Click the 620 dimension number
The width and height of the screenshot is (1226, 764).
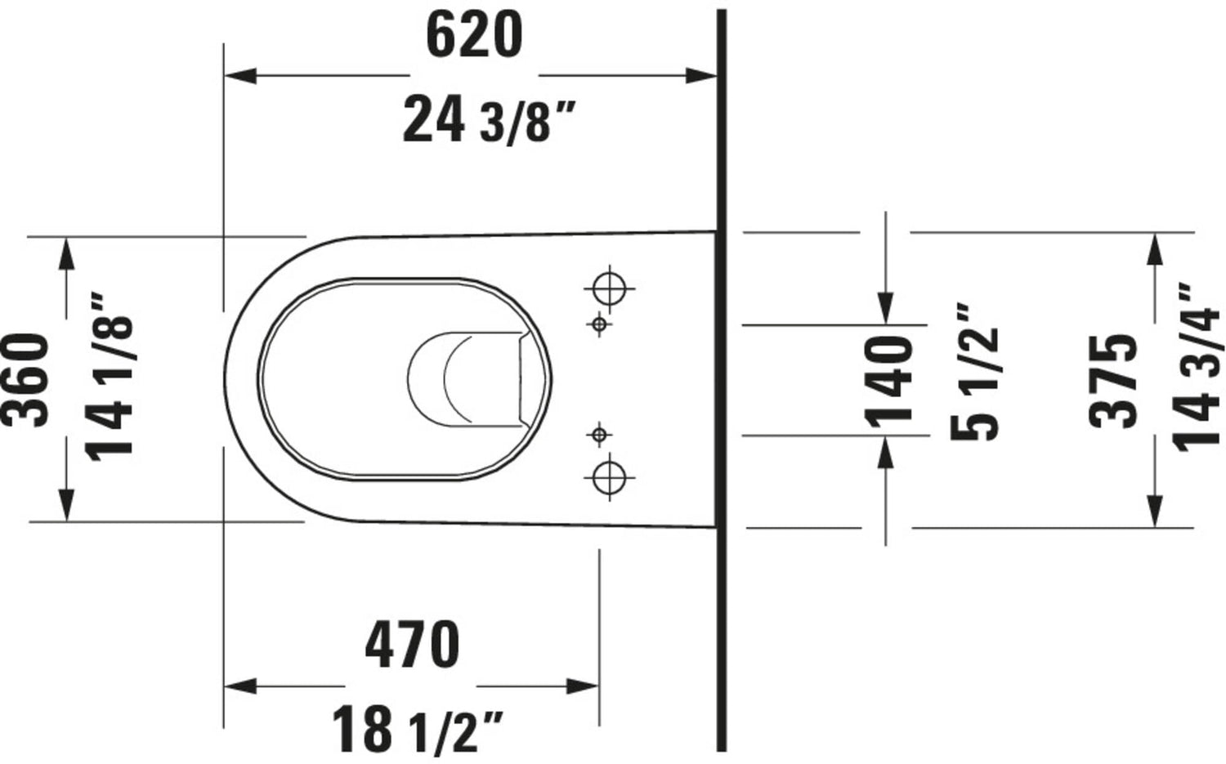tap(474, 36)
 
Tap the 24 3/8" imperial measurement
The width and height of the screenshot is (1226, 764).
tap(489, 120)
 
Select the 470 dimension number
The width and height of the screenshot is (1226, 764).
tap(412, 646)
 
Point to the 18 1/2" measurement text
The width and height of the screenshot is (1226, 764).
tap(418, 730)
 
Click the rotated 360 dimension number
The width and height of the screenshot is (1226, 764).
tap(25, 380)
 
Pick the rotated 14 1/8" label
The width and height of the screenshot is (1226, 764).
tap(110, 377)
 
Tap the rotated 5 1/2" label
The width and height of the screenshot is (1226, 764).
tap(974, 372)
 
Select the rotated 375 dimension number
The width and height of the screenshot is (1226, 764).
tap(1112, 381)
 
